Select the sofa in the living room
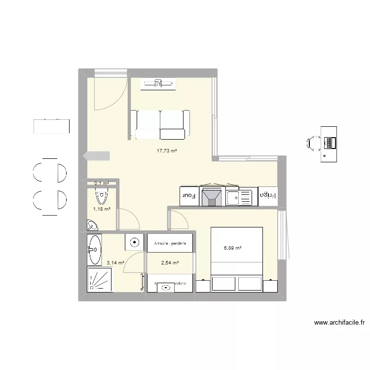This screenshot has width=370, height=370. (x=160, y=124)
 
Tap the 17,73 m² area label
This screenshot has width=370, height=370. (x=167, y=151)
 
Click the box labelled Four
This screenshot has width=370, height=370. (x=189, y=195)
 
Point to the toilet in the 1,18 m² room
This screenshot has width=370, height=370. (x=102, y=197)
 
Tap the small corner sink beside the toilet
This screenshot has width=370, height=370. (x=92, y=226)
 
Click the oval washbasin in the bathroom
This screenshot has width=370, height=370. (x=95, y=245)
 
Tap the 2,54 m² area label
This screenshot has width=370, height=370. (x=169, y=263)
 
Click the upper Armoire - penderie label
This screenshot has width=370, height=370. (x=170, y=244)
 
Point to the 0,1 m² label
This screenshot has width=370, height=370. (x=102, y=184)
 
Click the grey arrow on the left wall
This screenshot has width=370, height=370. (x=97, y=156)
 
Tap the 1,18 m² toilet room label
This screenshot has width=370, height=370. (x=102, y=209)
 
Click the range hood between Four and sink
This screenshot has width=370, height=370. (x=212, y=196)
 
